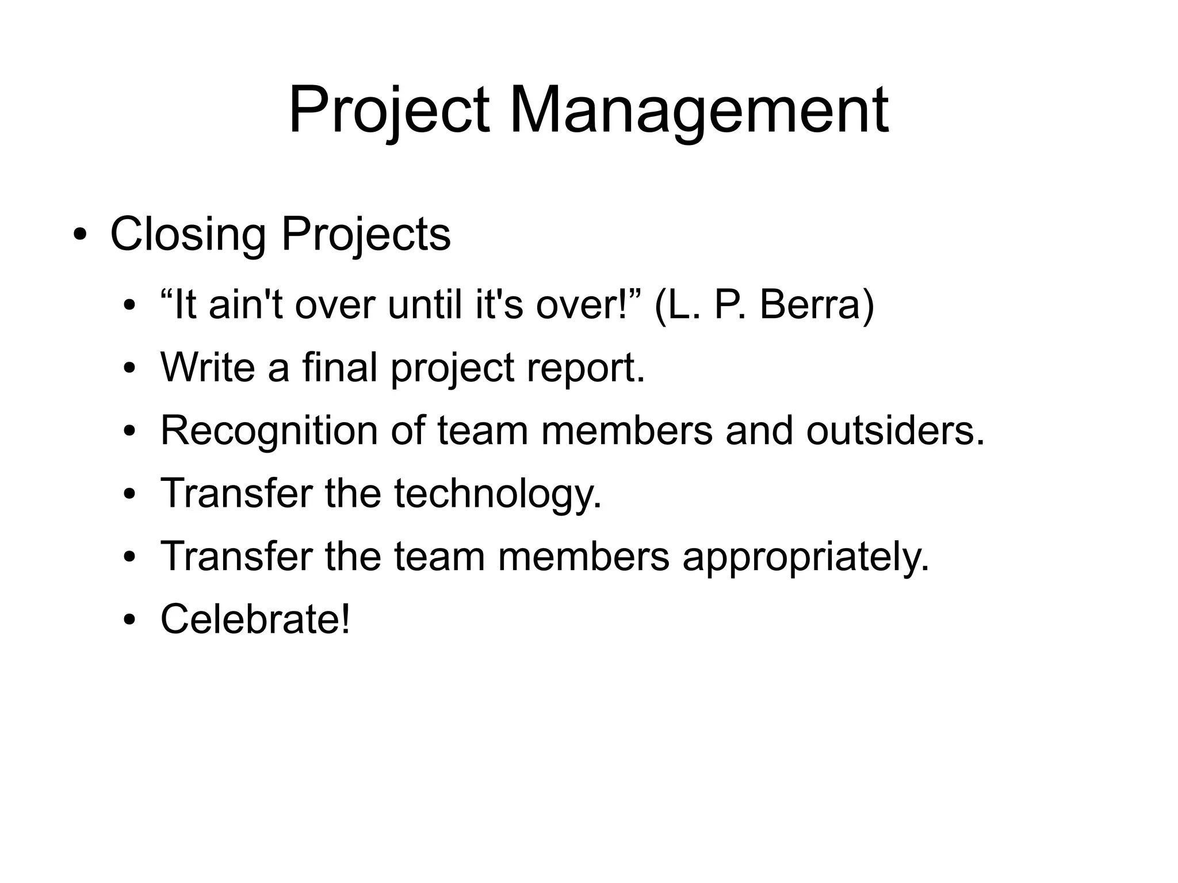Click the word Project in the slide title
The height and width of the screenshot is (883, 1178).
point(389,110)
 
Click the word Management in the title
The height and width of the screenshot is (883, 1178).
point(698,110)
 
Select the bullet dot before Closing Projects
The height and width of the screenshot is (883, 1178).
point(80,235)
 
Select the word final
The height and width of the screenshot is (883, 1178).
point(340,367)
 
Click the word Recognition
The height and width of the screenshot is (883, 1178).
point(269,431)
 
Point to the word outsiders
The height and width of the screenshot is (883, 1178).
point(895,430)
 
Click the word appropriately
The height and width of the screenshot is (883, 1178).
point(806,557)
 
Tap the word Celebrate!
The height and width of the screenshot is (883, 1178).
point(255,619)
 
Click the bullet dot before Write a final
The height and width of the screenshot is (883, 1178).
point(129,368)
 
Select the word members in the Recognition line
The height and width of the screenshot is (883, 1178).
point(626,430)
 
